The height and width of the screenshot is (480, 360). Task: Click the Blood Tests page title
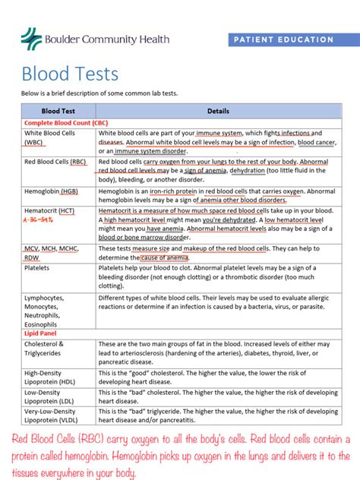click(x=70, y=74)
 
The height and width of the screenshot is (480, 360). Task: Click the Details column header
click(x=218, y=111)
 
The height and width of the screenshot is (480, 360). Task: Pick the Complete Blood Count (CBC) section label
click(x=66, y=122)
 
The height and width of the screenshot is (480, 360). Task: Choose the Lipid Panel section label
click(x=39, y=333)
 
